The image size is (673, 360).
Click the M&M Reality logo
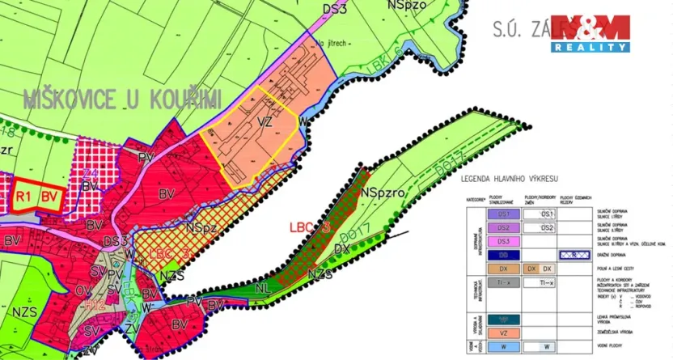pyautogui.click(x=591, y=33)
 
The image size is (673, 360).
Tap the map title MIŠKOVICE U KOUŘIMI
pyautogui.click(x=122, y=100)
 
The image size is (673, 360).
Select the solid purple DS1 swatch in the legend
pyautogui.click(x=502, y=214)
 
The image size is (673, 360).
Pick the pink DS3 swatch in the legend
pyautogui.click(x=502, y=241)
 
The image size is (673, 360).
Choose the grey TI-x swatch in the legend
pyautogui.click(x=502, y=283)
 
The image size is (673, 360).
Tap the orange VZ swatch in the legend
pyautogui.click(x=502, y=332)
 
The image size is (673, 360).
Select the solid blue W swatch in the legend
pyautogui.click(x=502, y=347)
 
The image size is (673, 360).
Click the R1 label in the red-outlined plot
pyautogui.click(x=23, y=196)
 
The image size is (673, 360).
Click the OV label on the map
pyautogui.click(x=83, y=289)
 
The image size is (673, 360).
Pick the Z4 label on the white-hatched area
pyautogui.click(x=89, y=174)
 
